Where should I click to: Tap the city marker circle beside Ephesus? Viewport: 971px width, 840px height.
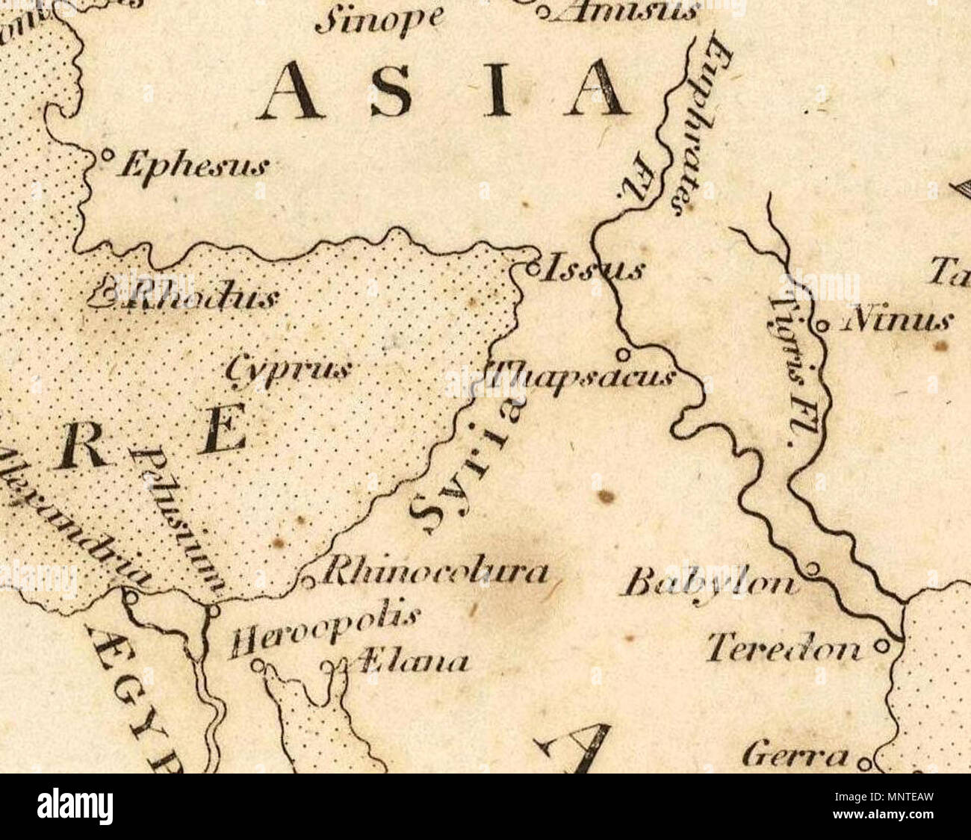coord(106,156)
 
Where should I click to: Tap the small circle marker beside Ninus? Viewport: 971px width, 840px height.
coord(821,325)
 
